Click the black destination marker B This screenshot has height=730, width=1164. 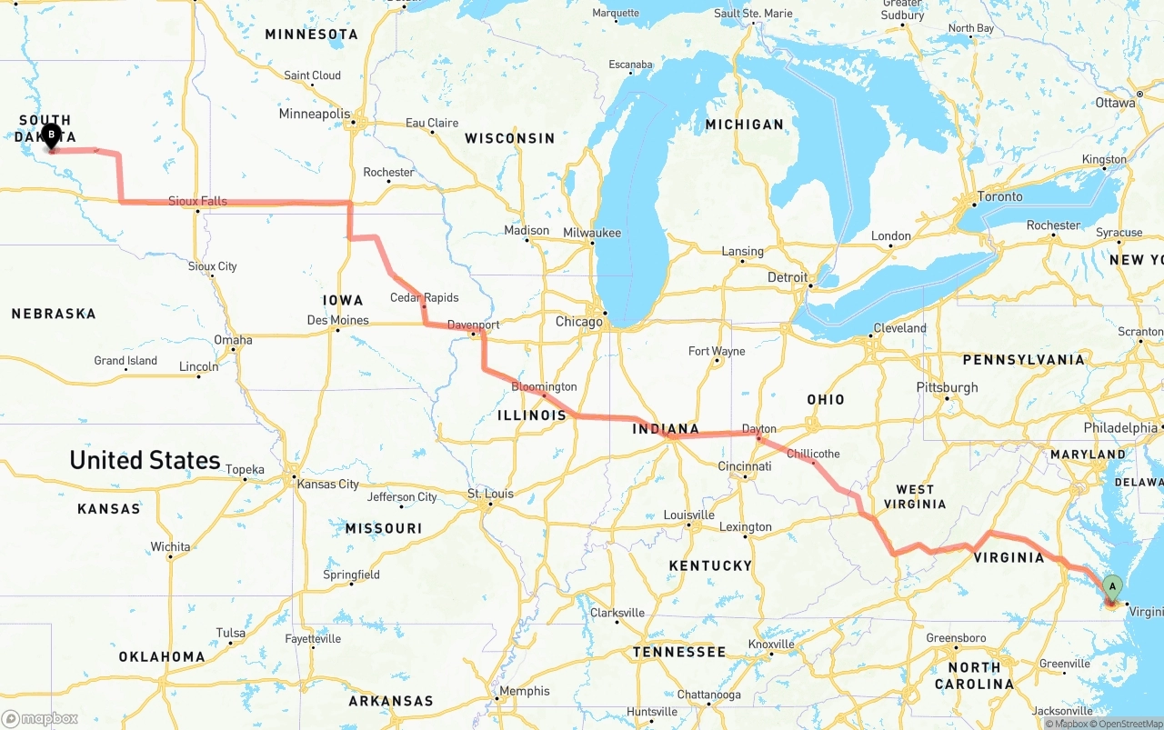(x=51, y=136)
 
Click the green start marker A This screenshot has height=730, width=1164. (x=1112, y=587)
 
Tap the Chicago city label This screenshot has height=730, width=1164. (x=579, y=322)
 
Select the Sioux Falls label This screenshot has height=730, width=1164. (x=197, y=201)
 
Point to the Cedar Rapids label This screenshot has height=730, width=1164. (x=424, y=297)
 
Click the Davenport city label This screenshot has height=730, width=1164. (x=473, y=325)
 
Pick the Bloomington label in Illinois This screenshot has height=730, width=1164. (x=544, y=386)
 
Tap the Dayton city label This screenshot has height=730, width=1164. (x=759, y=428)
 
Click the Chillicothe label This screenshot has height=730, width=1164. (x=813, y=454)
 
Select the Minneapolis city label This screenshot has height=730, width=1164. (x=314, y=115)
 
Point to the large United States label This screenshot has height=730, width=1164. (x=145, y=460)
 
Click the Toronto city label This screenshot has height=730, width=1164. (x=999, y=196)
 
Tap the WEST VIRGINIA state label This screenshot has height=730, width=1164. (x=915, y=496)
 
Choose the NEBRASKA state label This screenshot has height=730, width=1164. (x=54, y=314)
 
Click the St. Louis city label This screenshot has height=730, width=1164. (x=490, y=494)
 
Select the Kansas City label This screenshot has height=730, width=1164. (x=328, y=484)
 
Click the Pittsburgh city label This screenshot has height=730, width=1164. (x=948, y=387)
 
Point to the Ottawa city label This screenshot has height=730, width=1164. (x=1115, y=103)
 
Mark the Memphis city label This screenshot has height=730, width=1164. (x=524, y=691)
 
